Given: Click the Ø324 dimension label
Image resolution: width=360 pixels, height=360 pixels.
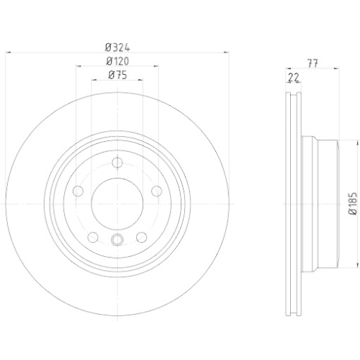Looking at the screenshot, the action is pos(117,48).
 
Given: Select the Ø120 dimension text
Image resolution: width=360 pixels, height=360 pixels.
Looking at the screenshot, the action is pos(117,61).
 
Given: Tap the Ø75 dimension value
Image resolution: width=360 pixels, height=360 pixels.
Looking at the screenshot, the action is pos(117,76).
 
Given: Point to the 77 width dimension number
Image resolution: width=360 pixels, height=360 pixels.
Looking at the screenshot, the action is pos(313,63).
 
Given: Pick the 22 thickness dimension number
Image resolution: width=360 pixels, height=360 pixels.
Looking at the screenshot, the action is pos(294,78).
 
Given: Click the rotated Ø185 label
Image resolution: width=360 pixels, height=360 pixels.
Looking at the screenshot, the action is pos(354,204).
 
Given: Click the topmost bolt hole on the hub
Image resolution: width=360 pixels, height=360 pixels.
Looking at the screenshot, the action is pos(117,163).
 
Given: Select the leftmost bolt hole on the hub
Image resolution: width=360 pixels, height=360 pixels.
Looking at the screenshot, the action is pos(78,192).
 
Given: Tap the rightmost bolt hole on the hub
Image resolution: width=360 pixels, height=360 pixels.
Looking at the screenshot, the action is pos(157,192).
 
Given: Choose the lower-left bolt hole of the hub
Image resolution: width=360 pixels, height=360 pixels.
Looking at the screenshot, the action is pos(93,238).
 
